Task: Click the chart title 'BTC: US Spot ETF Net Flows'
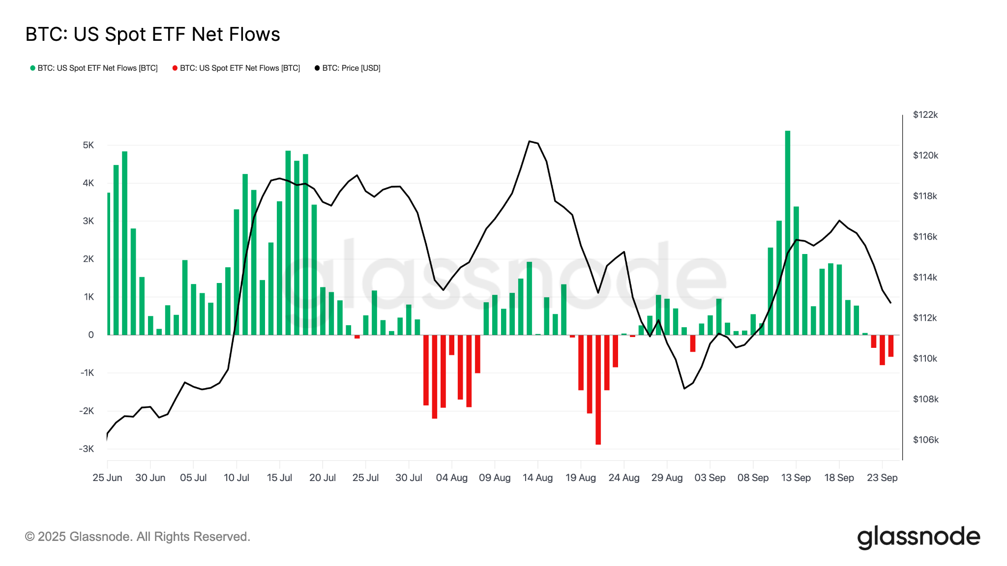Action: click(x=152, y=34)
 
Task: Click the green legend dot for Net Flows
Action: click(x=32, y=68)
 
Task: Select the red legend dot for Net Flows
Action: click(x=175, y=68)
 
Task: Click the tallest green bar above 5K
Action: click(x=788, y=231)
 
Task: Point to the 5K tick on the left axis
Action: click(x=89, y=145)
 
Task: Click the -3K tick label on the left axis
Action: click(x=87, y=449)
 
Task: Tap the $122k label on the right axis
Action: click(x=925, y=115)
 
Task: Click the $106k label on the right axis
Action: click(x=925, y=440)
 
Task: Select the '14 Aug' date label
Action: click(x=537, y=478)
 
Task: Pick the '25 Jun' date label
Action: click(x=107, y=478)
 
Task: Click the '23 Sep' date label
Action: click(x=882, y=478)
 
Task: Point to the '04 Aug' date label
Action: click(x=451, y=478)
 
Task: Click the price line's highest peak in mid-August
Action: click(x=530, y=141)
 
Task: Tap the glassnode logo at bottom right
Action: click(x=918, y=537)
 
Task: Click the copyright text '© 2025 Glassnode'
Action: click(x=138, y=537)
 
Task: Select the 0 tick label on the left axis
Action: click(x=91, y=335)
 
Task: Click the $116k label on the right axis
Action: click(x=925, y=237)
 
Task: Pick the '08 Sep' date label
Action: click(x=753, y=478)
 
